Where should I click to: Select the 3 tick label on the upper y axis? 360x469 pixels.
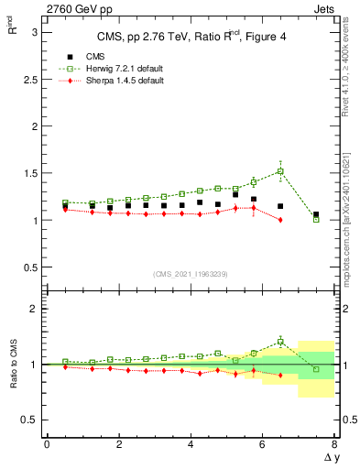35,31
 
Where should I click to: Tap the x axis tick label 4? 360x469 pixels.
191,444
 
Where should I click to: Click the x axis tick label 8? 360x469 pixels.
334,444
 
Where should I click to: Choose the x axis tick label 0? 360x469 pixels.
47,444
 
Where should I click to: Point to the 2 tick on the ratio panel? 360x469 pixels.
35,309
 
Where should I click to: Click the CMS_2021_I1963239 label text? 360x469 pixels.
190,274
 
